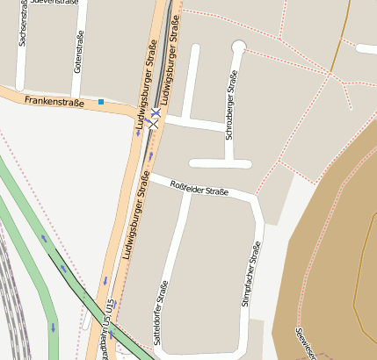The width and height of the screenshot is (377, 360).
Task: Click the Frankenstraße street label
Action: click(54, 102)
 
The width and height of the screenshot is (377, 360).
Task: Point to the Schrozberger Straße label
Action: click(232, 105)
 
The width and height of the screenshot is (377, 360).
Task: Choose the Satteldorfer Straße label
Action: click(160, 312)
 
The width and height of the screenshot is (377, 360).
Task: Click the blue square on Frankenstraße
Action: click(101, 103)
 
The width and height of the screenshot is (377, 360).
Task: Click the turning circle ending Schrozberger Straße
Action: click(238, 46)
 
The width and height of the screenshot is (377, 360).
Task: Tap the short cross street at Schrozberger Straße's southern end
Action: click(220, 163)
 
